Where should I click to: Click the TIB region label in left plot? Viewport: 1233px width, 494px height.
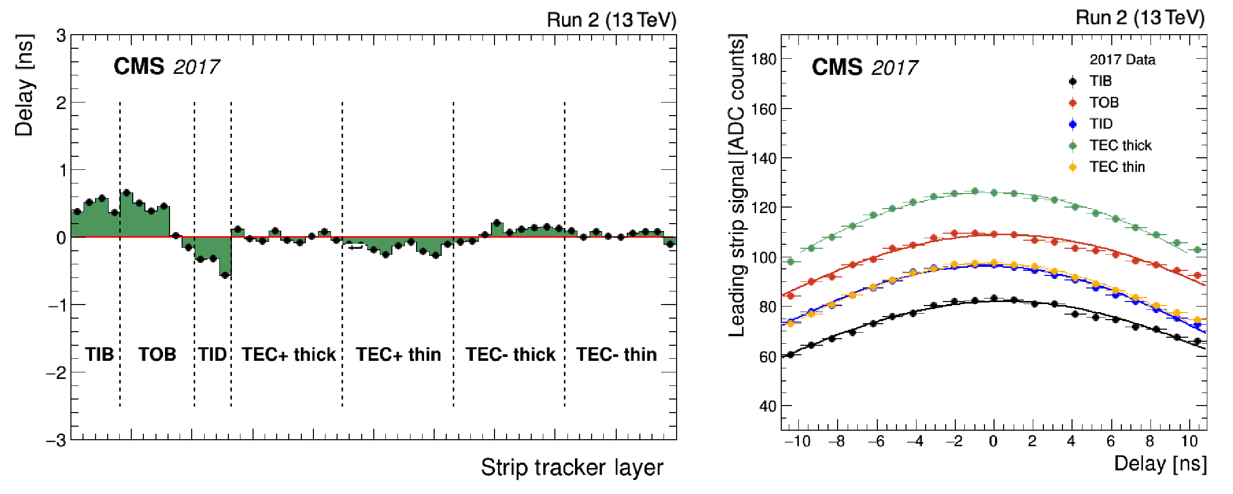(x=99, y=354)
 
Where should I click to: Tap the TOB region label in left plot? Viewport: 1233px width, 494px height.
(x=157, y=354)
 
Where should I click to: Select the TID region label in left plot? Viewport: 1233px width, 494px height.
(x=212, y=354)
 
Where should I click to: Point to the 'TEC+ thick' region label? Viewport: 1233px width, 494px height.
(x=288, y=354)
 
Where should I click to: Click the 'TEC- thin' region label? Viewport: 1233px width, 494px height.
(x=616, y=354)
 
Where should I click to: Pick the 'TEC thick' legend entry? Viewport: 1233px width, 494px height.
(x=1120, y=145)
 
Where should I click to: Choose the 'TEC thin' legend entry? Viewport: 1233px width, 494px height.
(x=1117, y=167)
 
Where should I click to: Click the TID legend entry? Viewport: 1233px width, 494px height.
(x=1101, y=124)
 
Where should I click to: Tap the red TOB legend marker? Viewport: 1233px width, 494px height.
(x=1073, y=103)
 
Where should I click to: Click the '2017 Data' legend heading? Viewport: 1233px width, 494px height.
(x=1122, y=60)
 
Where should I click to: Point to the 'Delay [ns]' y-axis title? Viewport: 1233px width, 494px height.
(x=24, y=85)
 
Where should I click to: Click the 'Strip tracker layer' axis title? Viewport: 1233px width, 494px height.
(x=572, y=467)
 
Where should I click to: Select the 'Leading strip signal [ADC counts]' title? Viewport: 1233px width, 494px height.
(x=737, y=186)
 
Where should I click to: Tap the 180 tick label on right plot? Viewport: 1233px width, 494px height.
(x=764, y=59)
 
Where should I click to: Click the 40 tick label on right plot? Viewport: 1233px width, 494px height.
(x=768, y=406)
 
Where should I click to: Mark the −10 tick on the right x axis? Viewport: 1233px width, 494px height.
(x=797, y=442)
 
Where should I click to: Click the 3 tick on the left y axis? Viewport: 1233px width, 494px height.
(x=61, y=36)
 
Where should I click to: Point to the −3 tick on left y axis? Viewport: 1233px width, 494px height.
(x=56, y=441)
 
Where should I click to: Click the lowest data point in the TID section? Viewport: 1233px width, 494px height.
(x=225, y=275)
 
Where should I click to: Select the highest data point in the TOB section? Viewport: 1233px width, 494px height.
(x=126, y=192)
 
